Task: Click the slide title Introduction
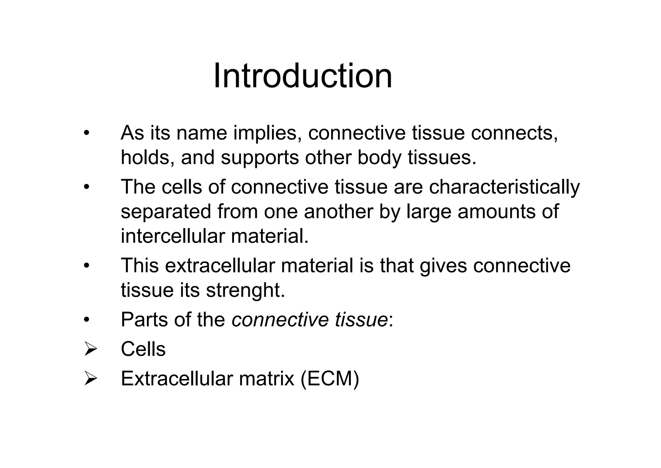303,76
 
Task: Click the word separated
166,212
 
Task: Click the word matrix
267,379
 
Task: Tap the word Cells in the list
143,349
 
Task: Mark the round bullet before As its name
86,133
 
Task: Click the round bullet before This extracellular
86,266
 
